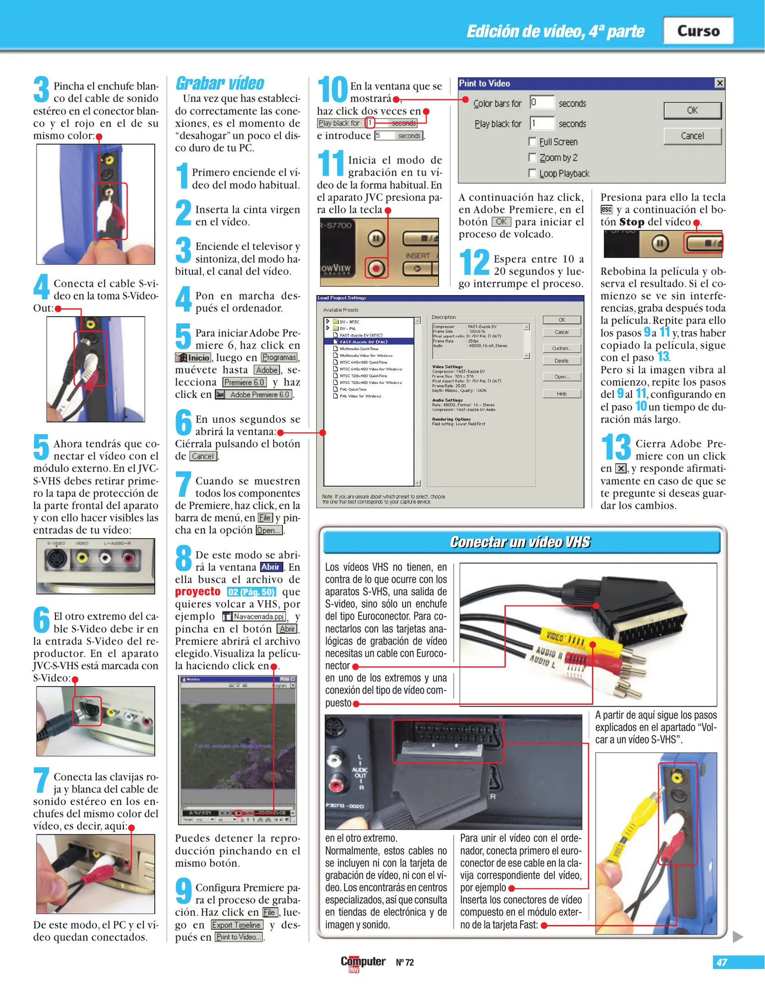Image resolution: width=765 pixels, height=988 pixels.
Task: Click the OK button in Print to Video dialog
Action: [x=692, y=110]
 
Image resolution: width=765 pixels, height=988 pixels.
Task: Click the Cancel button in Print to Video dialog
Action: [x=692, y=136]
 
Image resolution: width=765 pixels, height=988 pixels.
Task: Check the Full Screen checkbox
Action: [x=532, y=141]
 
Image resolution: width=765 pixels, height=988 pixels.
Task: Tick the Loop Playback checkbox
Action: [x=532, y=173]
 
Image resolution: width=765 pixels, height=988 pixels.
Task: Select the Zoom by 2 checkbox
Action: [x=532, y=157]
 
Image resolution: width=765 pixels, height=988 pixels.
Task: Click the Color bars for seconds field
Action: [x=542, y=102]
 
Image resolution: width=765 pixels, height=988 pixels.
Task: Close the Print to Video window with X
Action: [x=719, y=83]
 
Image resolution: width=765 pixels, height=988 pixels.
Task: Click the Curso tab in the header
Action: [x=698, y=31]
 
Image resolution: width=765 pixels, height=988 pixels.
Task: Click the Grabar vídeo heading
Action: [x=220, y=83]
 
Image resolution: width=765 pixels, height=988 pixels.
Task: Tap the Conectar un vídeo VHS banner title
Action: [x=520, y=542]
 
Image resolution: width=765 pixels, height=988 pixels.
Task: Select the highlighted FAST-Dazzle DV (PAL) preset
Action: [x=364, y=342]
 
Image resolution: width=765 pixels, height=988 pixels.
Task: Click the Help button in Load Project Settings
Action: [x=561, y=394]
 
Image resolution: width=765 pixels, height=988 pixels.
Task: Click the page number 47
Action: [x=722, y=962]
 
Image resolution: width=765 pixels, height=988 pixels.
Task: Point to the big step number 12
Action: [x=474, y=262]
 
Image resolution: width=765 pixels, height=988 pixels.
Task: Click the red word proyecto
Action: [x=198, y=592]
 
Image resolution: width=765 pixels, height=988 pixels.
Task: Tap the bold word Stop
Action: [x=631, y=222]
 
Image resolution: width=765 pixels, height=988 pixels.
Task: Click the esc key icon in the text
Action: [x=606, y=209]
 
